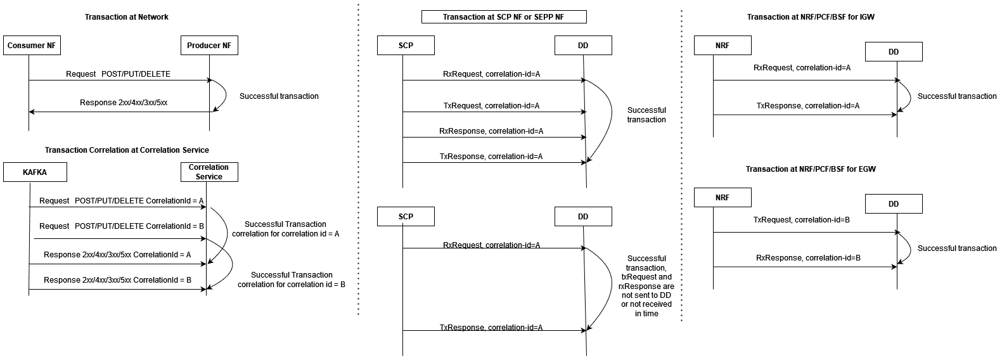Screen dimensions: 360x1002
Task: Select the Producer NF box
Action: [x=209, y=46]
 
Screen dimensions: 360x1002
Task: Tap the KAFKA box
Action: [x=35, y=172]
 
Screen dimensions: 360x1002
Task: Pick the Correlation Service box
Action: [x=209, y=172]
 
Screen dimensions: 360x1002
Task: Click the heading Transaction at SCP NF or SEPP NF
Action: [x=504, y=17]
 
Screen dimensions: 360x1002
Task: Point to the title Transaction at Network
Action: [x=127, y=17]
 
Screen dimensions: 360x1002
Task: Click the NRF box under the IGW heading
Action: [x=723, y=46]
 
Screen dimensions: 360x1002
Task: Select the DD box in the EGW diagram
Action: [x=893, y=204]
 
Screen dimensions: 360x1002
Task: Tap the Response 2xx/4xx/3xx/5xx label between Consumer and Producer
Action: [x=124, y=103]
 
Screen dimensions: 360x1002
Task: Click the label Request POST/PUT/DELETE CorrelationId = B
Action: [x=121, y=226]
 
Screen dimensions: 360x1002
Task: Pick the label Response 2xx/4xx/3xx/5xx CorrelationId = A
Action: [x=117, y=255]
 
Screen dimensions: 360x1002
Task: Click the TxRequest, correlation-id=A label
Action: [x=491, y=106]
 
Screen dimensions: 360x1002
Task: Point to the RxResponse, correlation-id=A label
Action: [x=491, y=131]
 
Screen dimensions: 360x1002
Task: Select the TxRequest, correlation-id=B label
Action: [x=802, y=220]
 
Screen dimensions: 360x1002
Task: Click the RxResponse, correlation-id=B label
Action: [x=808, y=258]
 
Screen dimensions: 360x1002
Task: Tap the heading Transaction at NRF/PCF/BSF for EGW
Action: [x=811, y=169]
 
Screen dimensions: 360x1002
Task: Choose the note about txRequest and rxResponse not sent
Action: [x=646, y=286]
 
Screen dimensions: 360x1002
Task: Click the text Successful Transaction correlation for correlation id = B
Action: [x=292, y=280]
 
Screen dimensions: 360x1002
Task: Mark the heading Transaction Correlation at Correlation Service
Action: [x=127, y=150]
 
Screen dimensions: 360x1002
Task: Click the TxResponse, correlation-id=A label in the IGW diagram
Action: [x=808, y=106]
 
